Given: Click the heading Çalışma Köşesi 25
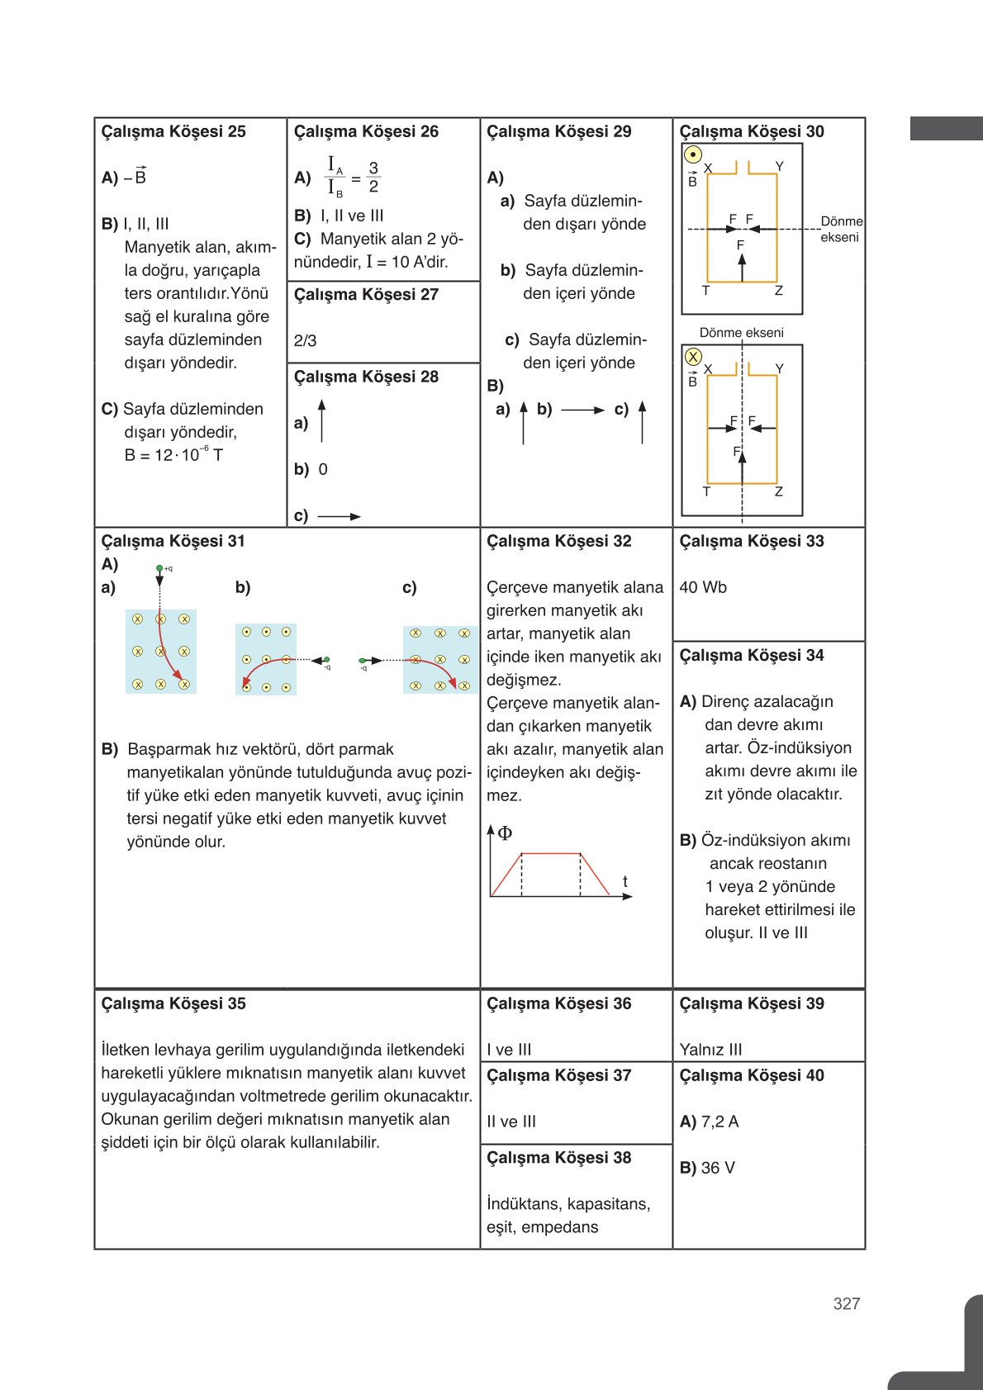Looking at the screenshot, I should pos(173,131).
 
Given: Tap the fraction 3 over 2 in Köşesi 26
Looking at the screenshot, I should pos(373,177).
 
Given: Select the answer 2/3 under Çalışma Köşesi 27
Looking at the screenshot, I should pos(305,340).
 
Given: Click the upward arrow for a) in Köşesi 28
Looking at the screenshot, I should pos(321,420).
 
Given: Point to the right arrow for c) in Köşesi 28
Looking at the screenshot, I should pos(340,516).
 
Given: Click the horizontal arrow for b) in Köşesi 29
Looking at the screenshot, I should pos(583,410).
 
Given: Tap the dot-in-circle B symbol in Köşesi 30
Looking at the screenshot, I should pos(693,154).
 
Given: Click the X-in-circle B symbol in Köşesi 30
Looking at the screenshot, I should pos(693,357).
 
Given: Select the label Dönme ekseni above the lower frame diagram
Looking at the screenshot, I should pos(741,332).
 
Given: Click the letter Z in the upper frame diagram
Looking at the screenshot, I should pos(778,291).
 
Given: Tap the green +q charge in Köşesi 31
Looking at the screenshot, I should pos(160,569).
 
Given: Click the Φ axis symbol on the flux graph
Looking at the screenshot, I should pos(504,833).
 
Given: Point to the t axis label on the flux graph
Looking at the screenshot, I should pos(624,881).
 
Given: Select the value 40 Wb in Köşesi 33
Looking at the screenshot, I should pos(703,587).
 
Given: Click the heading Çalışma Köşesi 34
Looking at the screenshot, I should pos(751,655).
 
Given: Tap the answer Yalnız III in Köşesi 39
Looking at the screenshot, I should pos(710,1049).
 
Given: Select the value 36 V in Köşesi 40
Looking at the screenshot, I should pos(717,1168).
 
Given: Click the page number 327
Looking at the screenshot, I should pos(847,1303).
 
